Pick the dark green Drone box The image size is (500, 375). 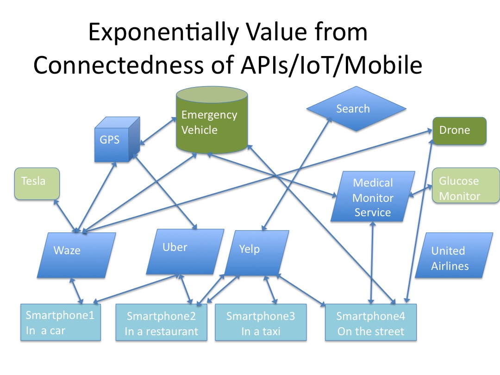(x=459, y=131)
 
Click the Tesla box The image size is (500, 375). (x=37, y=183)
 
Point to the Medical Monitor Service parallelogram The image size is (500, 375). (x=373, y=197)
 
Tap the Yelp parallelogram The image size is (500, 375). (x=256, y=253)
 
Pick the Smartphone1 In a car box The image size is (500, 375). (x=61, y=322)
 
